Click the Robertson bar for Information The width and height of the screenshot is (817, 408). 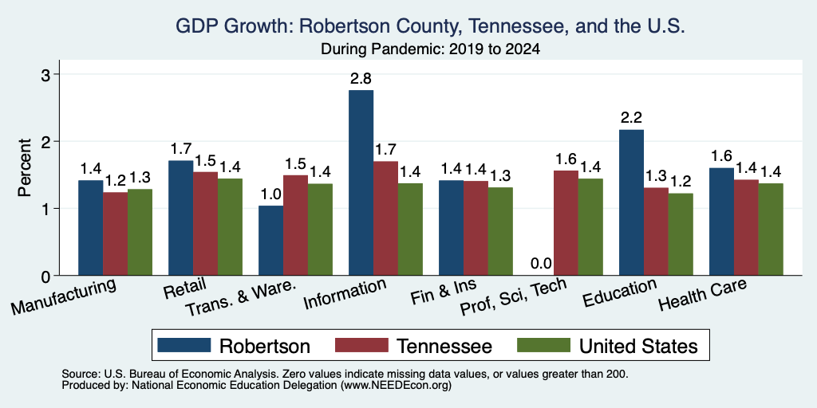click(x=361, y=182)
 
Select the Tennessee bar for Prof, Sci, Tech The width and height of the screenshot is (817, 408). click(x=566, y=223)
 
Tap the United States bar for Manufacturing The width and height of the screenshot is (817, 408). click(x=140, y=232)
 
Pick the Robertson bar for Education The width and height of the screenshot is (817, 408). click(x=631, y=202)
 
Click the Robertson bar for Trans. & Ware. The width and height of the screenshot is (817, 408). click(x=271, y=241)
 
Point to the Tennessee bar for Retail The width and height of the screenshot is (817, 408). click(x=205, y=224)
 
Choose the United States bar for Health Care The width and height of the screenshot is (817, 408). click(x=771, y=229)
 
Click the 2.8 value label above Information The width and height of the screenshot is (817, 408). click(x=361, y=79)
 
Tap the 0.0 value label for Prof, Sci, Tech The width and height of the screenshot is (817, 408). click(x=541, y=264)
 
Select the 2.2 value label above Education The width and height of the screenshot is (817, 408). click(x=631, y=118)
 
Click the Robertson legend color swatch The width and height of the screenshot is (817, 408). click(x=184, y=345)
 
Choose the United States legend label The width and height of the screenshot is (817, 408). click(x=638, y=346)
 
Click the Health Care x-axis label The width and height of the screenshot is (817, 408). click(x=702, y=294)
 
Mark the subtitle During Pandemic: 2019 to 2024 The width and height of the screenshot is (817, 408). click(x=430, y=49)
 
